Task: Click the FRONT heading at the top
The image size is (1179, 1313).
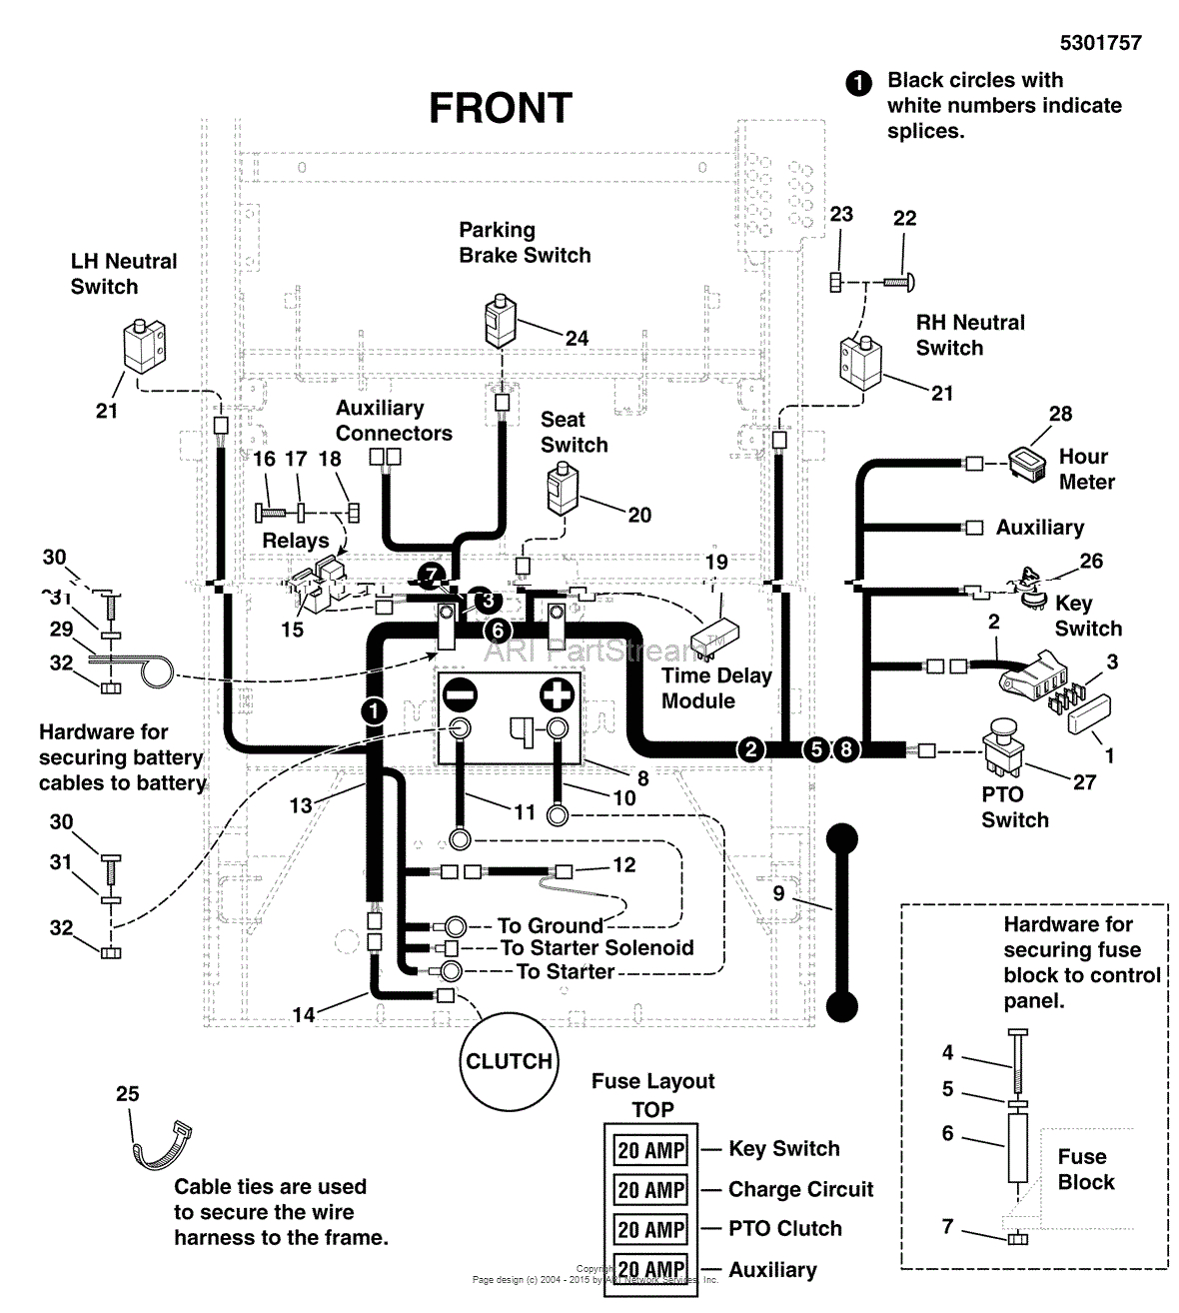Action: point(500,108)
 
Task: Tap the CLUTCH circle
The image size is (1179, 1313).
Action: point(509,1061)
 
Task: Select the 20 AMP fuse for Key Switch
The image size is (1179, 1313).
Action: point(650,1150)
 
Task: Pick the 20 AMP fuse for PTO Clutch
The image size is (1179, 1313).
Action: point(650,1229)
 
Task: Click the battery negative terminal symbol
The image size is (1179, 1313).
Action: point(461,694)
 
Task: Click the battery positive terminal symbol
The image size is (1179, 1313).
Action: point(557,694)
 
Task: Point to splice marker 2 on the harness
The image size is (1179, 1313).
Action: point(750,749)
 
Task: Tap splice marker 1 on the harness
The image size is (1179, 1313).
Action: point(373,710)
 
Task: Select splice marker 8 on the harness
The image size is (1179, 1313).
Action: point(845,749)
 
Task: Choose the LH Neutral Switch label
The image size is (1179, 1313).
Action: point(123,274)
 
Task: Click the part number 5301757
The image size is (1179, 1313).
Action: point(1100,42)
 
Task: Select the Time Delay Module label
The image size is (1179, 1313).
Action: point(715,688)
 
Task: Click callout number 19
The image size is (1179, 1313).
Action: point(716,562)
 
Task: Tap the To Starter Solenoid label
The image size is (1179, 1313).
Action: point(596,947)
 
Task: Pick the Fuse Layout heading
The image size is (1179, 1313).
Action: point(652,1081)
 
